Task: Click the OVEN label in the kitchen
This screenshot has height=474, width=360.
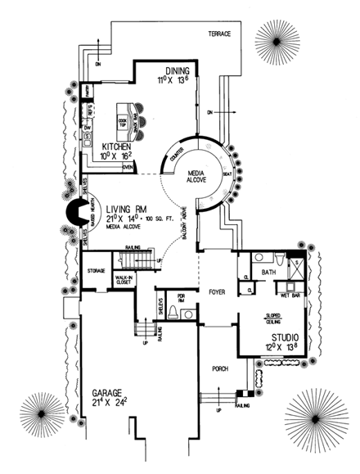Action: point(128,167)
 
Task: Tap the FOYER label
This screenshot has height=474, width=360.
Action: point(216,291)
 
